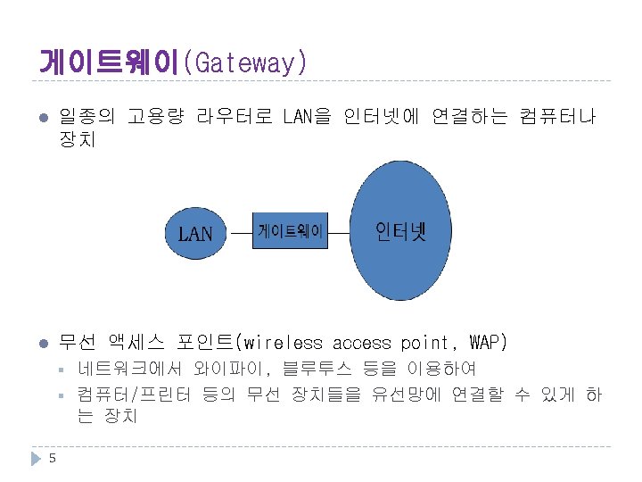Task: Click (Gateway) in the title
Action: (245, 63)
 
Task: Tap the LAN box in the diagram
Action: (195, 234)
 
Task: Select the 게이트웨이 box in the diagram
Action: (291, 232)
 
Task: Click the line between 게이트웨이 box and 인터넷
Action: (339, 232)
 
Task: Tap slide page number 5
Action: (53, 459)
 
